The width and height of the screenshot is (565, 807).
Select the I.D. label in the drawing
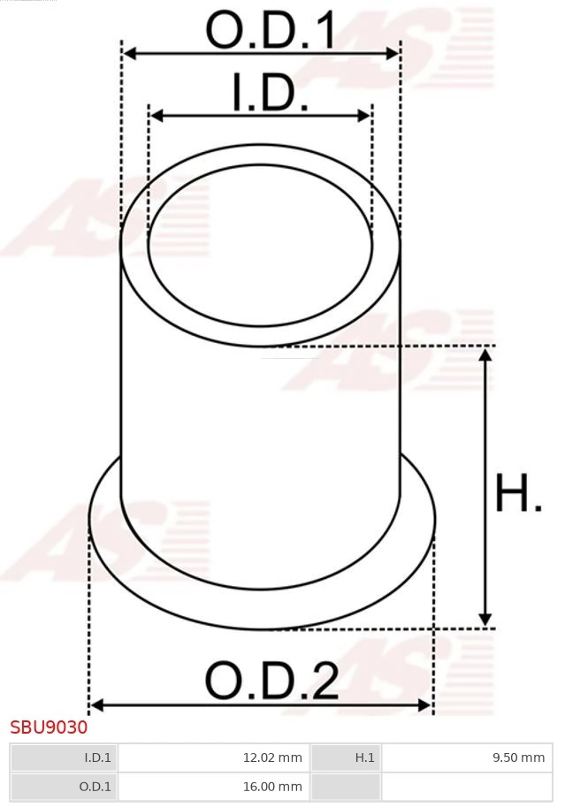pyautogui.click(x=270, y=94)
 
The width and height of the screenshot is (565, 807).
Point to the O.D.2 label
pyautogui.click(x=271, y=681)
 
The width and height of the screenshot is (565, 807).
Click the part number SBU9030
pyautogui.click(x=49, y=727)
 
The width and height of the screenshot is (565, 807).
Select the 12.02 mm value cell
pyautogui.click(x=213, y=758)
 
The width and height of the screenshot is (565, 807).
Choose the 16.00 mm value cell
pyautogui.click(x=213, y=786)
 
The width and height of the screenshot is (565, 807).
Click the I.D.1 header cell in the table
pyautogui.click(x=64, y=758)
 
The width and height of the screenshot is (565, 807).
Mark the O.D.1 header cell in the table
pyautogui.click(x=64, y=786)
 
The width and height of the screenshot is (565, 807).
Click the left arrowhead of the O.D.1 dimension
pyautogui.click(x=129, y=54)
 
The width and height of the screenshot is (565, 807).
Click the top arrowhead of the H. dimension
pyautogui.click(x=485, y=354)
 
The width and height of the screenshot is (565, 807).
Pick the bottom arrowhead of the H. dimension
pyautogui.click(x=485, y=620)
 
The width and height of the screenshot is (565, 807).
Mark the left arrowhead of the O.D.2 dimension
pyautogui.click(x=96, y=704)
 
